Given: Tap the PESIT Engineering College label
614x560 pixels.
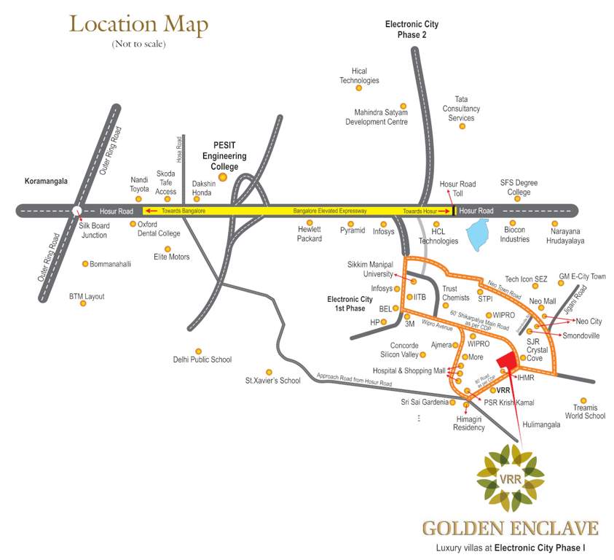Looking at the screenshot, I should [224, 156].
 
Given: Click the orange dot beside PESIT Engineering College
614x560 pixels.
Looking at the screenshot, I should [224, 176].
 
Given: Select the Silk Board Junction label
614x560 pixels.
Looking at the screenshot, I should [93, 230].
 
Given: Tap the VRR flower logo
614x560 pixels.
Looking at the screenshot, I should [510, 478].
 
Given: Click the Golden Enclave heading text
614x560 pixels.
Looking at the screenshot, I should [511, 528].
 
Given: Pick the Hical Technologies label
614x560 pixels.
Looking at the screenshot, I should [359, 75].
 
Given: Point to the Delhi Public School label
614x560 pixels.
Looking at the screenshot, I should [202, 359].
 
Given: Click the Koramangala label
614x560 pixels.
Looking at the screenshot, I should [46, 180].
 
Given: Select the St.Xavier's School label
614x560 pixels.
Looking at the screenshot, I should [272, 381].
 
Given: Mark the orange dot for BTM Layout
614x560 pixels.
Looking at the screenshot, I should [83, 303].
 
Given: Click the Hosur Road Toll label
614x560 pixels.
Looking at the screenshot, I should [457, 188].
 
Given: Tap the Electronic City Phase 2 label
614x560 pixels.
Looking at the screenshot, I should [412, 29].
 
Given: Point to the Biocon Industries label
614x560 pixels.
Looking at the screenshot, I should [514, 236].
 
